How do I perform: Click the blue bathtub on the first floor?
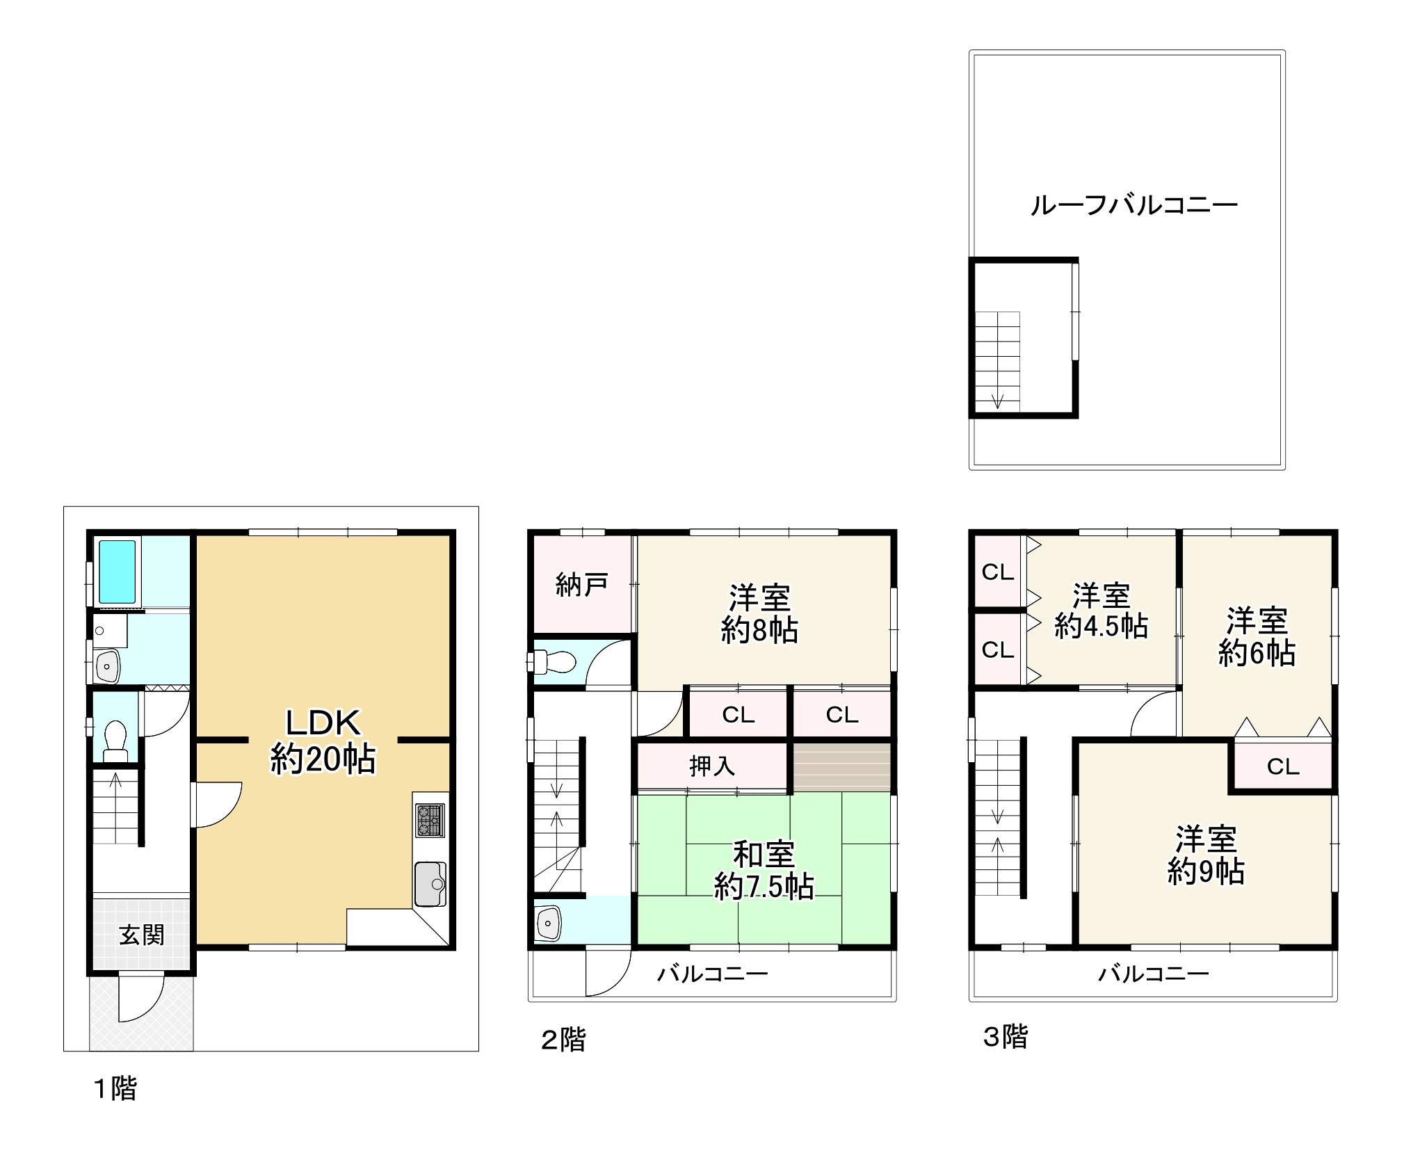(117, 572)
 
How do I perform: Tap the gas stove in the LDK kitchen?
(430, 820)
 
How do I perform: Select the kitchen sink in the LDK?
(430, 883)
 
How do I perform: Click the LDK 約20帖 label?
(323, 741)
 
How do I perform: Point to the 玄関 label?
(141, 935)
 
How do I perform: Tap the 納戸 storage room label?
(581, 585)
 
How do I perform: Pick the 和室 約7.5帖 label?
(764, 871)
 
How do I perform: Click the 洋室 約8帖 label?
(759, 614)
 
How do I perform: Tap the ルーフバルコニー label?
(1133, 205)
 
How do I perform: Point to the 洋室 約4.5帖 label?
(1101, 611)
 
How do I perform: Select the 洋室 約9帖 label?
(1205, 855)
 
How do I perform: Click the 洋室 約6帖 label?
(1256, 636)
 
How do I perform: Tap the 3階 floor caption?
(1005, 1037)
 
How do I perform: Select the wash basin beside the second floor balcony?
(549, 923)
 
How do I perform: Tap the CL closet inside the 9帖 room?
(1282, 766)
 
